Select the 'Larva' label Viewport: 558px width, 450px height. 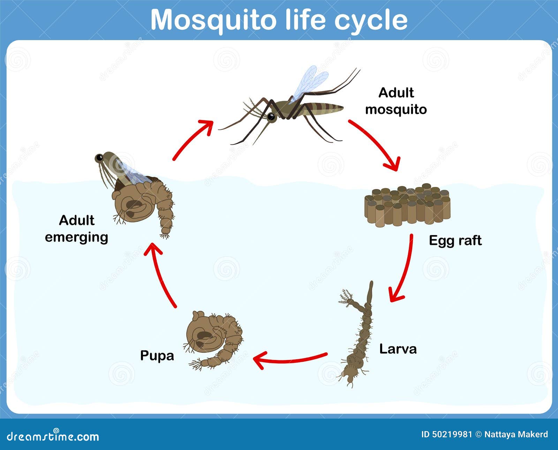pyautogui.click(x=398, y=349)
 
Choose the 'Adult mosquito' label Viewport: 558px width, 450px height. pyautogui.click(x=396, y=101)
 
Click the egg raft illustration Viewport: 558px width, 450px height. pyautogui.click(x=407, y=205)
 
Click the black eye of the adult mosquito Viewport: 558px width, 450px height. pyautogui.click(x=271, y=117)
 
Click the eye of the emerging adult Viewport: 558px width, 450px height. pyautogui.click(x=99, y=157)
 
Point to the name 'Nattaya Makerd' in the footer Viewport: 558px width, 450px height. pyautogui.click(x=516, y=434)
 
